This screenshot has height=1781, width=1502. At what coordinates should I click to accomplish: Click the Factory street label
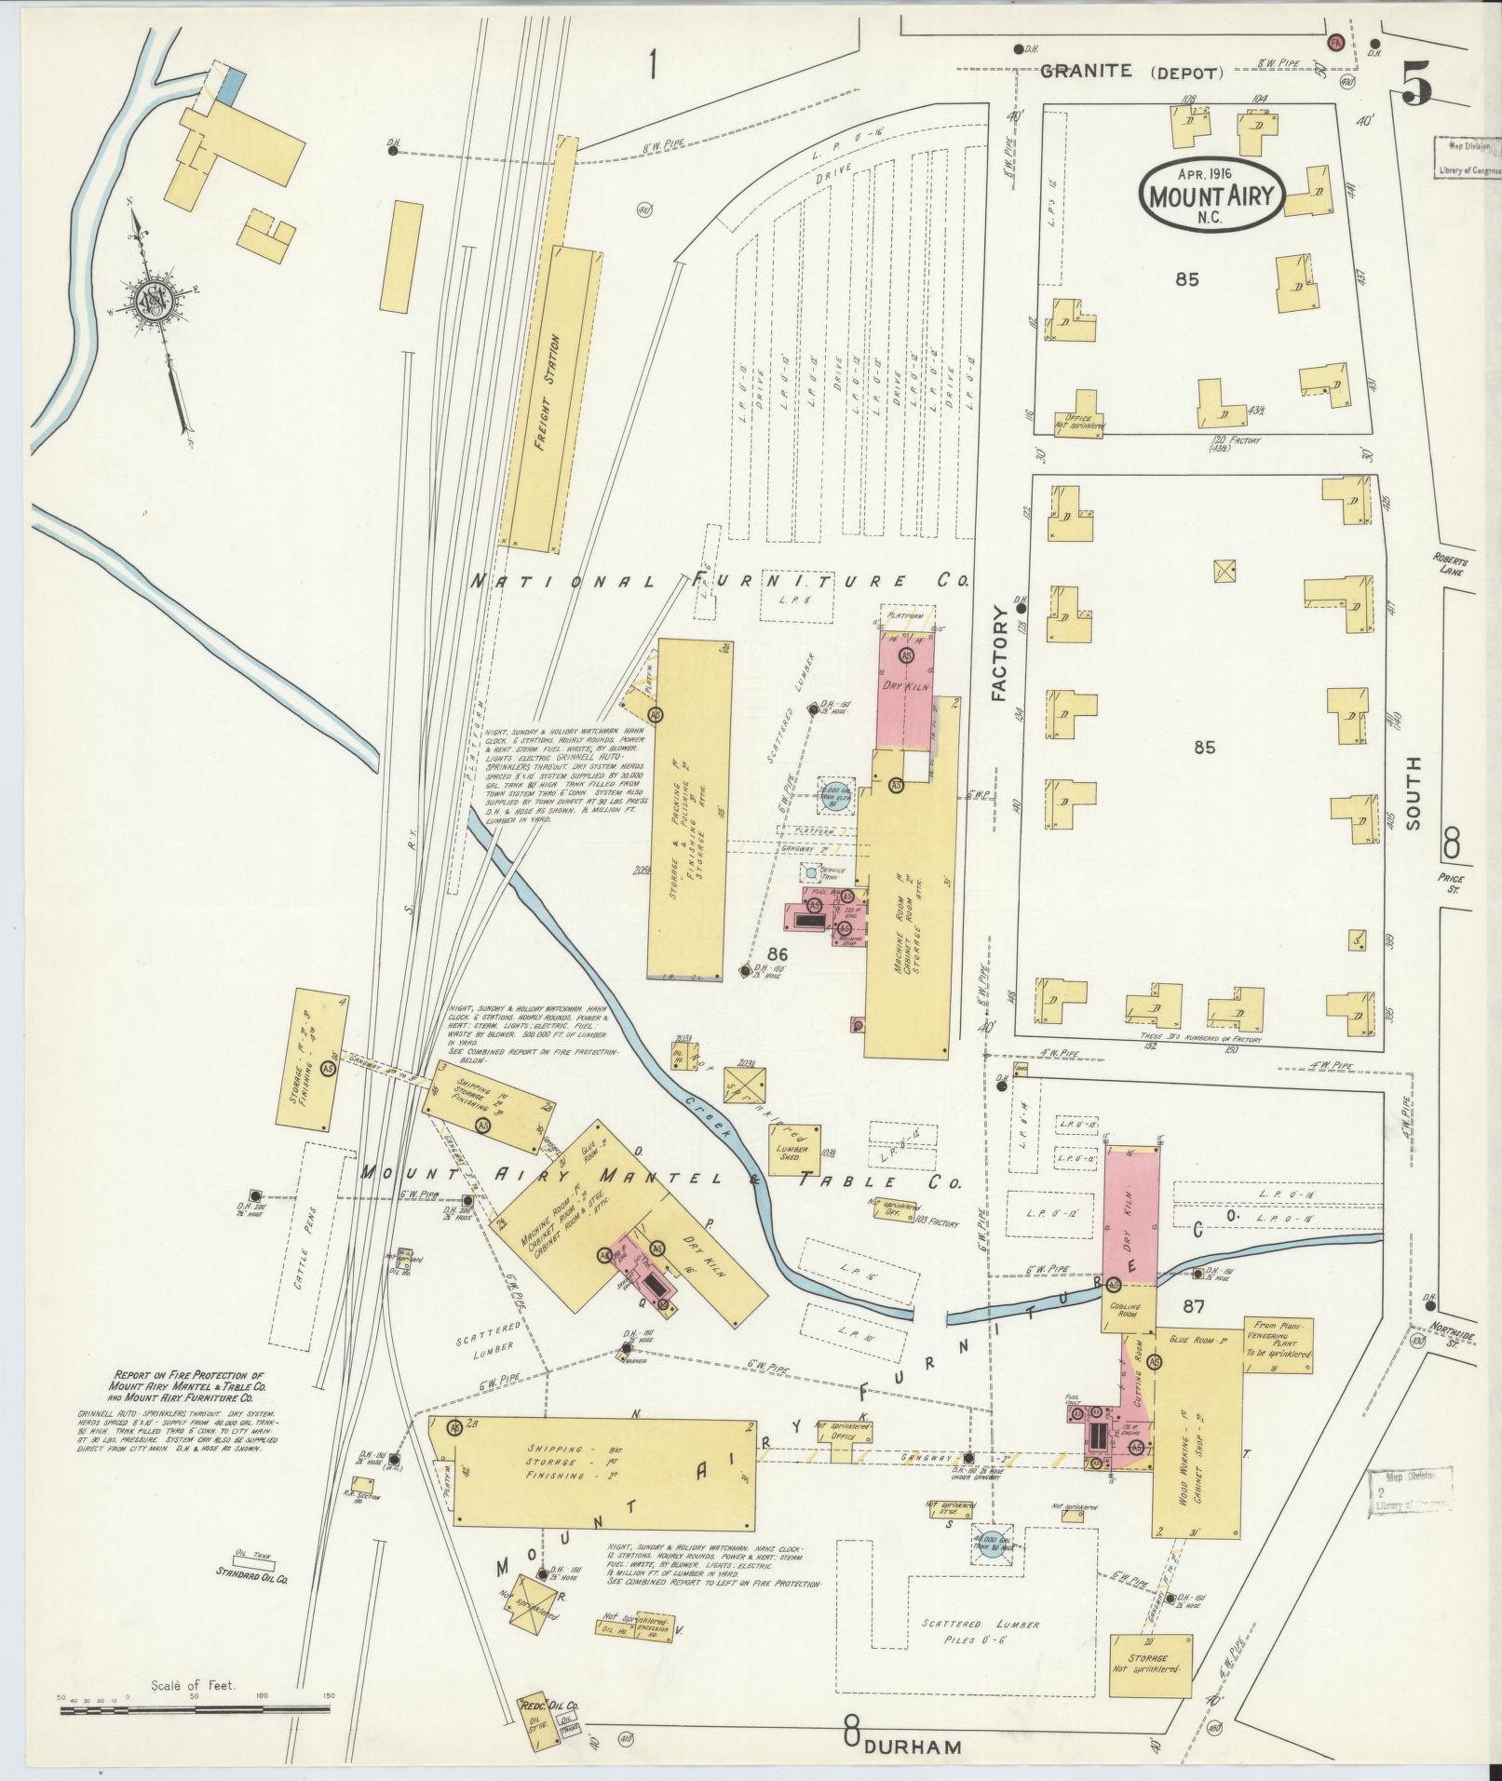click(1000, 653)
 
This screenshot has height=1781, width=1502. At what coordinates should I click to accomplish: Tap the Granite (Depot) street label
click(1130, 72)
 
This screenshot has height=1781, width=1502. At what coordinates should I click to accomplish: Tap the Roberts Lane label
click(1451, 567)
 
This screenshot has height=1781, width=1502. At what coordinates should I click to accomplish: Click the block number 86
click(778, 954)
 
